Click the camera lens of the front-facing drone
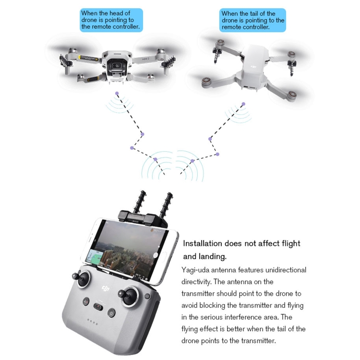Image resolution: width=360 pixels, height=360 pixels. pyautogui.click(x=117, y=66)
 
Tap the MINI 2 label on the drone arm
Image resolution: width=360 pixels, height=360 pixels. pyautogui.click(x=145, y=59)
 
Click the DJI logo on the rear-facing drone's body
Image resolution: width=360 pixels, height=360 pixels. pyautogui.click(x=254, y=67)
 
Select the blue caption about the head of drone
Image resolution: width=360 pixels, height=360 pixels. pyautogui.click(x=111, y=20)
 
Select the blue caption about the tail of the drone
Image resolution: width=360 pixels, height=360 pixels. pyautogui.click(x=252, y=20)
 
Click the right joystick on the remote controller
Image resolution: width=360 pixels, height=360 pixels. pyautogui.click(x=128, y=296)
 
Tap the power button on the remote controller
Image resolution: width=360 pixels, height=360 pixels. pyautogui.click(x=111, y=312)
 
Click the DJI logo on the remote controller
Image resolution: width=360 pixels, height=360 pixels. pyautogui.click(x=106, y=288)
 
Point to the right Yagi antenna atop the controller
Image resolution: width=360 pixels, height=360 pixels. pyautogui.click(x=167, y=205)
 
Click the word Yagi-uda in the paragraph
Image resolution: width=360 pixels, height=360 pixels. pyautogui.click(x=195, y=270)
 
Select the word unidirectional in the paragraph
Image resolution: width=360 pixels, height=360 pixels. pyautogui.click(x=286, y=270)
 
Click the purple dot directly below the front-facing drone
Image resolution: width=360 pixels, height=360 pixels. pyautogui.click(x=117, y=93)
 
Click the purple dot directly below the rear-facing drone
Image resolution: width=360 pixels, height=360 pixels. pyautogui.click(x=243, y=104)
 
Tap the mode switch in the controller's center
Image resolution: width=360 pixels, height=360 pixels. pyautogui.click(x=98, y=307)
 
